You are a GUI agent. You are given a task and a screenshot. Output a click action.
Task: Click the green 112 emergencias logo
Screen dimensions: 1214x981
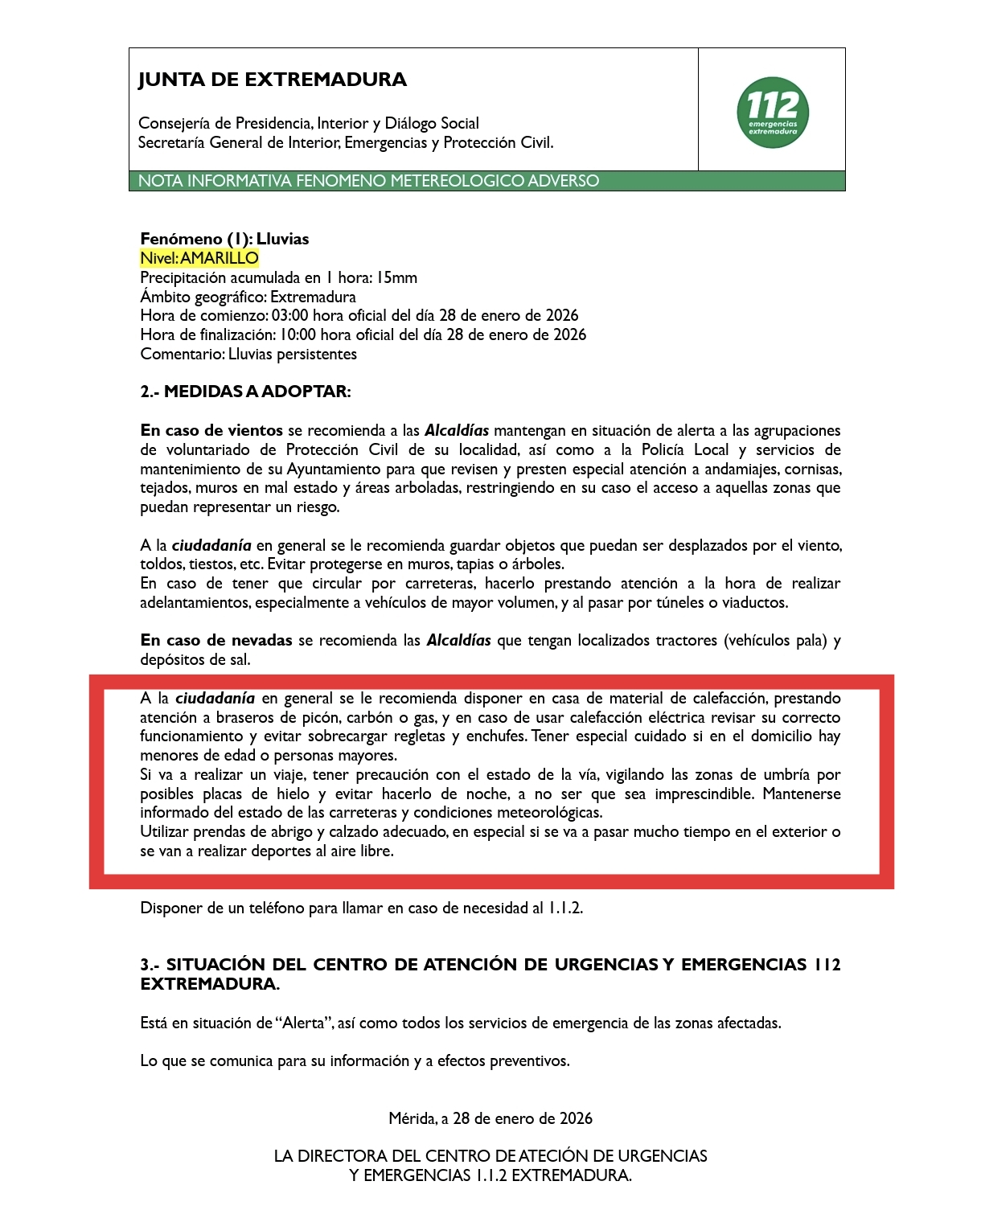pyautogui.click(x=772, y=113)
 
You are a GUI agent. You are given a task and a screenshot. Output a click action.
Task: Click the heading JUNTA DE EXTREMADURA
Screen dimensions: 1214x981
pyautogui.click(x=273, y=80)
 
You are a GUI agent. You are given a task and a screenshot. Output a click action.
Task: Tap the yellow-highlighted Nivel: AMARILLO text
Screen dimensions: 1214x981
pyautogui.click(x=199, y=258)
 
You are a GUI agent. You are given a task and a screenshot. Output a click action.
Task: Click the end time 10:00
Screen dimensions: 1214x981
pyautogui.click(x=298, y=335)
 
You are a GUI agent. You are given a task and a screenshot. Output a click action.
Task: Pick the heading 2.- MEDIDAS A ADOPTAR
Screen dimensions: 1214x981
pyautogui.click(x=245, y=392)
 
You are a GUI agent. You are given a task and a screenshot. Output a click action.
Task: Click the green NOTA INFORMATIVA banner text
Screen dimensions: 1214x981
pyautogui.click(x=368, y=181)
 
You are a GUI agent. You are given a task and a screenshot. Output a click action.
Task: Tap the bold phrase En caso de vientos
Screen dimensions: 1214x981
pyautogui.click(x=211, y=431)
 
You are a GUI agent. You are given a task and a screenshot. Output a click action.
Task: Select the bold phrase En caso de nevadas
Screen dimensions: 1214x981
pyautogui.click(x=216, y=641)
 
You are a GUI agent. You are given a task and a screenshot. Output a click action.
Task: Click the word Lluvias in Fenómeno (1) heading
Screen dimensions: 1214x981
pyautogui.click(x=282, y=239)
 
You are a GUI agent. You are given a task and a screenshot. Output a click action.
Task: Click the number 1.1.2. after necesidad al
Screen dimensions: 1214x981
pyautogui.click(x=565, y=908)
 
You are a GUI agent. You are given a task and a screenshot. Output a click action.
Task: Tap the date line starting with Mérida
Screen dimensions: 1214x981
pyautogui.click(x=490, y=1118)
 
